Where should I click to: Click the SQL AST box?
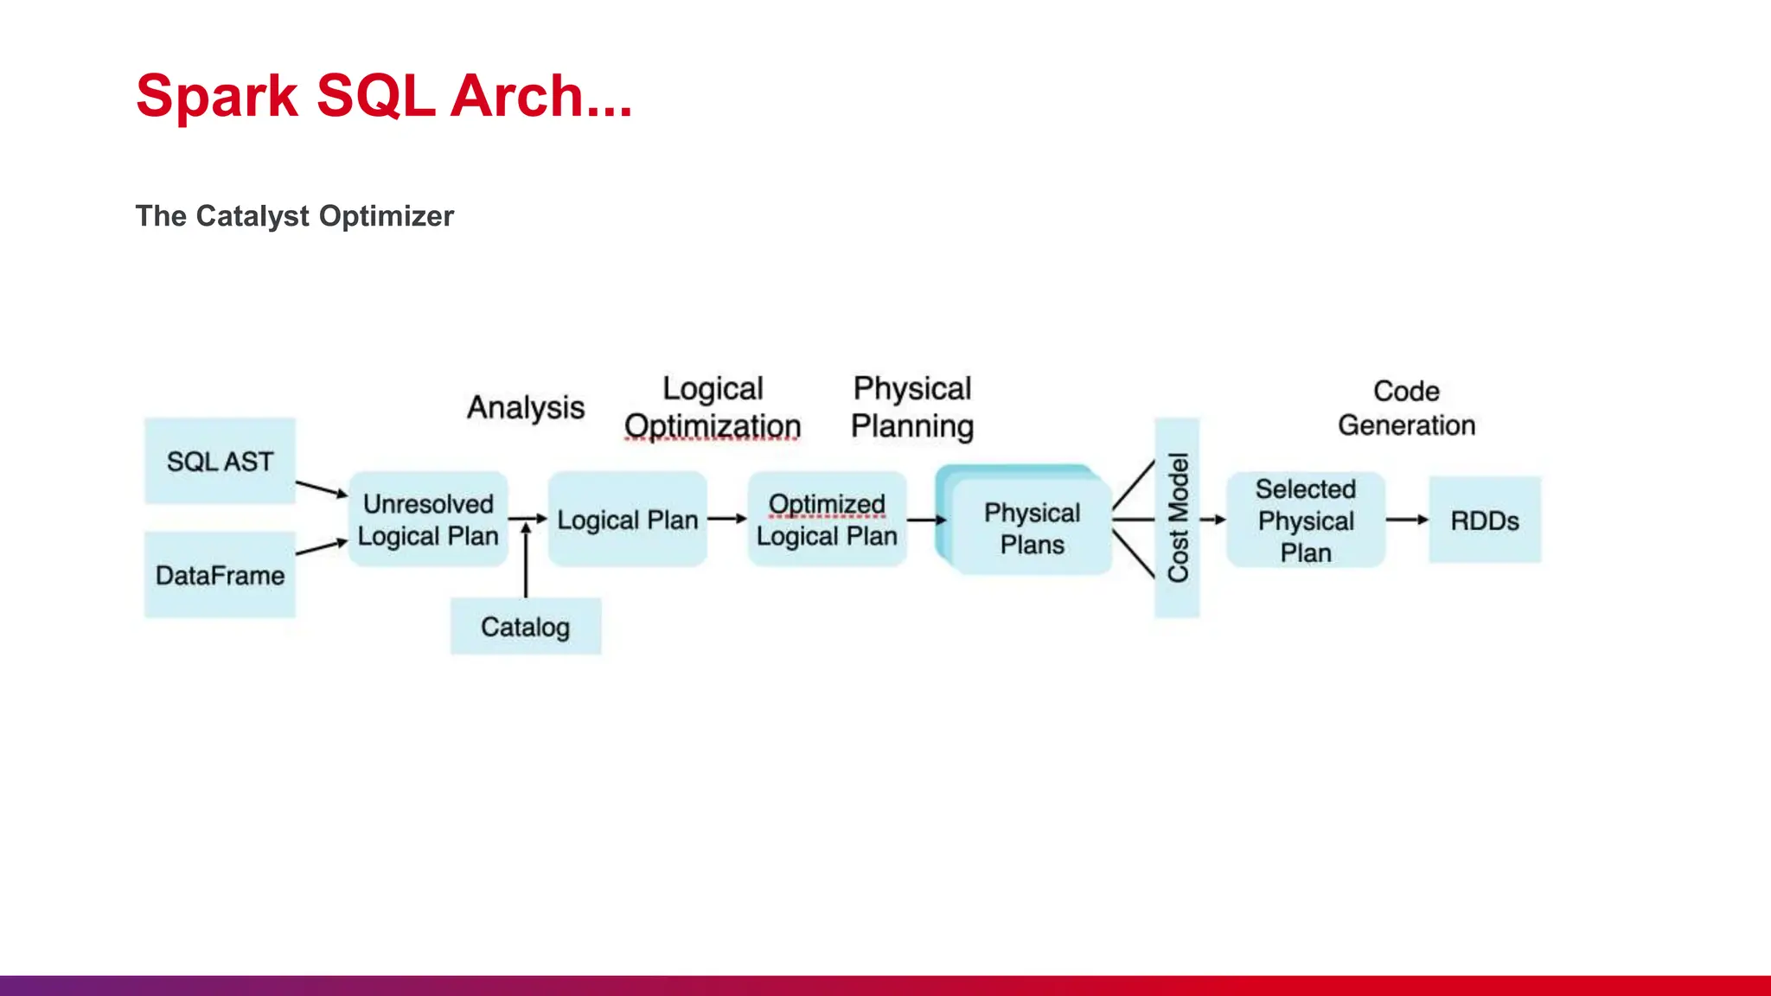(220, 461)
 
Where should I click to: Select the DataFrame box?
(220, 575)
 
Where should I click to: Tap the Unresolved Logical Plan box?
(428, 520)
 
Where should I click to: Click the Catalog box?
(525, 627)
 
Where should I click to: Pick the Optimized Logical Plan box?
(827, 520)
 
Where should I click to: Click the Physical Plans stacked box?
(1031, 528)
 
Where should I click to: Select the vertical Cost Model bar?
(1177, 518)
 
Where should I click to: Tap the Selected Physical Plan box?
(1306, 520)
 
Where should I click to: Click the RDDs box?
(1485, 520)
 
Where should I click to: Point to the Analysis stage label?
(526, 407)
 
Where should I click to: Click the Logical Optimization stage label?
(713, 407)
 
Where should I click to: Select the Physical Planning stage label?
(912, 407)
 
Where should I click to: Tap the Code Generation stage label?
(1406, 408)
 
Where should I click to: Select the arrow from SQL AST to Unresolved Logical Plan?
(321, 489)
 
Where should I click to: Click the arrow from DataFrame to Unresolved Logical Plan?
(321, 547)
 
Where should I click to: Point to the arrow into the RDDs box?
(1407, 520)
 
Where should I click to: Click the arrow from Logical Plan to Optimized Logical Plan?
(726, 519)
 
